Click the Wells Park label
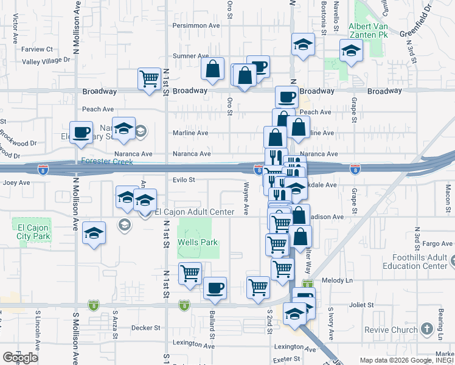[x=198, y=242]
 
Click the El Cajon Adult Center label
[x=195, y=212]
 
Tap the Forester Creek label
[x=107, y=162]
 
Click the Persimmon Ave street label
[x=196, y=26]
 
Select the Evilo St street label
[x=183, y=180]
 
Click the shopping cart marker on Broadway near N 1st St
[x=149, y=78]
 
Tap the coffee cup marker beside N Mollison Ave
[x=81, y=131]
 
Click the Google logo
[x=20, y=358]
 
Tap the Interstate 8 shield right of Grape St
[x=355, y=167]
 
